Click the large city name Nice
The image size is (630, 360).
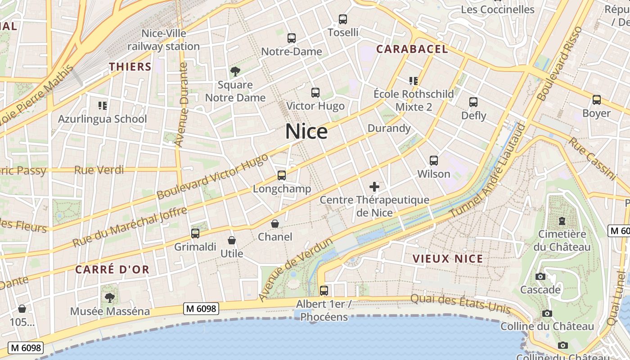[306, 131]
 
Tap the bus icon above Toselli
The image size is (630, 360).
[343, 19]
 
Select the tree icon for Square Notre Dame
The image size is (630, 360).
[235, 71]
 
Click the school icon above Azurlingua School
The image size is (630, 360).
[102, 106]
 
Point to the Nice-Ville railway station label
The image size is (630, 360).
[164, 40]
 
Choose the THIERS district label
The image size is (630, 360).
[130, 67]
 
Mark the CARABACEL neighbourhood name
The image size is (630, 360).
[412, 49]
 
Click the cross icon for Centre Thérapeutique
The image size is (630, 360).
[374, 186]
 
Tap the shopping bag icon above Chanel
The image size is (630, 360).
[275, 224]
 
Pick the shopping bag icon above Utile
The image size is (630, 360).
[232, 240]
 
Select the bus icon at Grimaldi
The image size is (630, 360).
[195, 233]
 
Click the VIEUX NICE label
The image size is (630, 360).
[448, 259]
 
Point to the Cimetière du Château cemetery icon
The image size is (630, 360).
[562, 221]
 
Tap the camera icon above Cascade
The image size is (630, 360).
[540, 276]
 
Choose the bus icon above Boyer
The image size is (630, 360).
[596, 100]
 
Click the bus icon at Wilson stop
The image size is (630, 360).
[434, 160]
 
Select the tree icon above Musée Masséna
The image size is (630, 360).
[109, 297]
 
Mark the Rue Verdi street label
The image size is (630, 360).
[99, 170]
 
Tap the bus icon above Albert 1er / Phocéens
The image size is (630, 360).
[324, 290]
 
